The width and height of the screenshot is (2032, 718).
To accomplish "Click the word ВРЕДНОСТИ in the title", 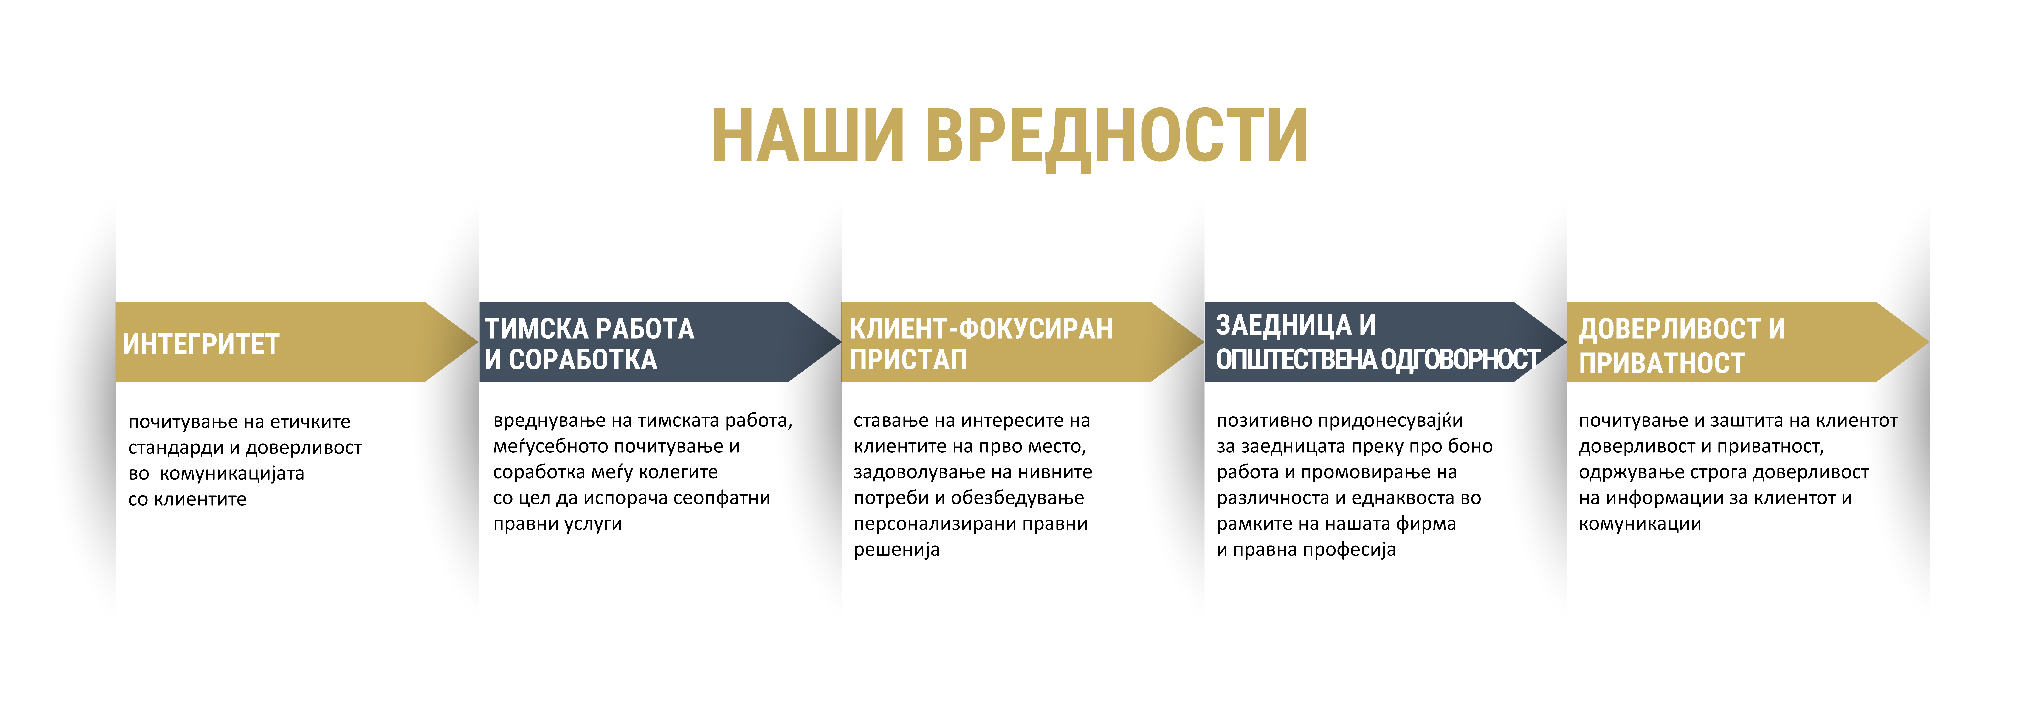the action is pos(1117,136).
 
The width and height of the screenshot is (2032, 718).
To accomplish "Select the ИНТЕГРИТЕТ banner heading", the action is pos(201,344).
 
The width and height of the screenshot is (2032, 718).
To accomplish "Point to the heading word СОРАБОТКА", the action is pos(583,360).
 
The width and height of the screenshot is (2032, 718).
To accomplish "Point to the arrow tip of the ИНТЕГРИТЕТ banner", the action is pos(478,342).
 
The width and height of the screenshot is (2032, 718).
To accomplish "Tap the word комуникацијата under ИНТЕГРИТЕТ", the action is pos(232,473).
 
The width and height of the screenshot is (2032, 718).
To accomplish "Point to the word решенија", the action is pos(896,550).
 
